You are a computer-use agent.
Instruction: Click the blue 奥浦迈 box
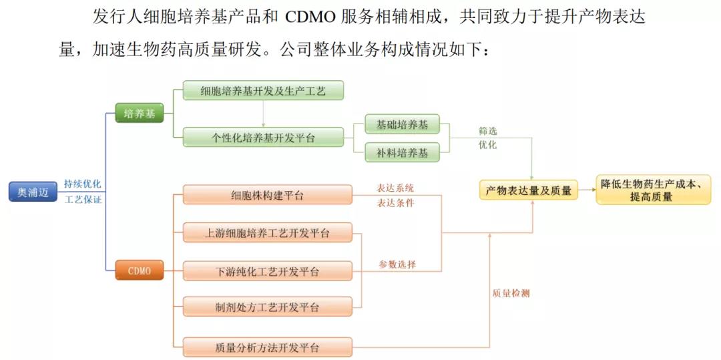pyautogui.click(x=33, y=192)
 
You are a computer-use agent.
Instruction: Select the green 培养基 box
pyautogui.click(x=139, y=114)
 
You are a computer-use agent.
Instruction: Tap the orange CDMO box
pyautogui.click(x=139, y=271)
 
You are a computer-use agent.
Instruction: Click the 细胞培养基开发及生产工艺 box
pyautogui.click(x=263, y=90)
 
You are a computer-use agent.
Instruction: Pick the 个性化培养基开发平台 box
pyautogui.click(x=263, y=138)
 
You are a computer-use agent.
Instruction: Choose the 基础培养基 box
pyautogui.click(x=402, y=124)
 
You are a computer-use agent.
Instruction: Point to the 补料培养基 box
pyautogui.click(x=402, y=153)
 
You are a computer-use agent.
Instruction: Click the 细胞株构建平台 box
pyautogui.click(x=267, y=195)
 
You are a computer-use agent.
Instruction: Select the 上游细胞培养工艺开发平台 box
pyautogui.click(x=267, y=233)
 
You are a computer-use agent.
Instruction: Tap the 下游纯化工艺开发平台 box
pyautogui.click(x=267, y=271)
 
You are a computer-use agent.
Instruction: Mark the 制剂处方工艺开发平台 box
pyautogui.click(x=267, y=307)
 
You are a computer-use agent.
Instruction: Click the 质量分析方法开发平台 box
pyautogui.click(x=267, y=347)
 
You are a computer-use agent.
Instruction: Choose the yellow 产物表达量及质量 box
pyautogui.click(x=528, y=191)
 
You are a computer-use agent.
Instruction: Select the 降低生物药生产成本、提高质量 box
pyautogui.click(x=653, y=190)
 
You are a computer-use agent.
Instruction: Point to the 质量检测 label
pyautogui.click(x=511, y=293)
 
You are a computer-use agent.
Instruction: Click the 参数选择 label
pyautogui.click(x=397, y=264)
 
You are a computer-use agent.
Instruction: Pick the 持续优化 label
pyautogui.click(x=83, y=183)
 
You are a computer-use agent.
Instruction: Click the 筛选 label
pyautogui.click(x=487, y=131)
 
